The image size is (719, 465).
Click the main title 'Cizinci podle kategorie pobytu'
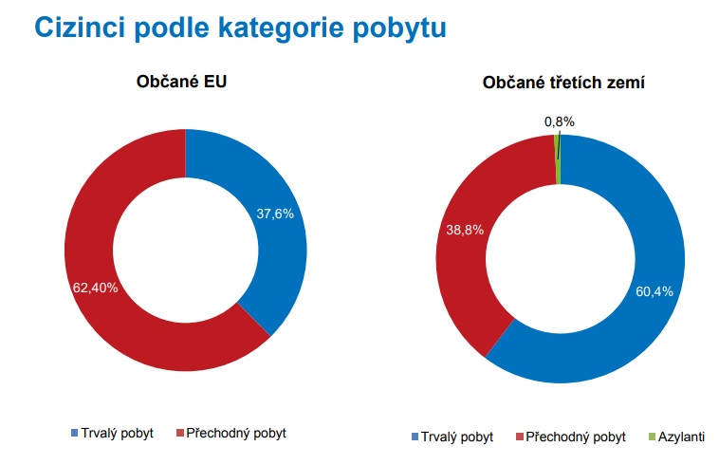(x=240, y=28)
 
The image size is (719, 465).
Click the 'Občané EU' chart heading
(x=181, y=82)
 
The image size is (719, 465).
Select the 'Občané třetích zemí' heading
(x=563, y=83)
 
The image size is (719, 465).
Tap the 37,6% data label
(x=275, y=214)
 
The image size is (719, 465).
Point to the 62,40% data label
(x=96, y=288)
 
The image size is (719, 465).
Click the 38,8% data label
(x=465, y=230)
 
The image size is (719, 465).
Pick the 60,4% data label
(x=654, y=291)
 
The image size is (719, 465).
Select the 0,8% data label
(x=560, y=121)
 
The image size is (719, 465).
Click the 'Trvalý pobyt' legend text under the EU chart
(x=117, y=433)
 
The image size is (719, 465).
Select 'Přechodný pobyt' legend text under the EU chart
(x=236, y=433)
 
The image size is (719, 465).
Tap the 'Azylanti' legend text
(x=681, y=437)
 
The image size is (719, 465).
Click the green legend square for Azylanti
(x=652, y=437)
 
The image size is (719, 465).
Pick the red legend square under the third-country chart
(x=520, y=437)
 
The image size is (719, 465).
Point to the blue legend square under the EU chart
(x=75, y=433)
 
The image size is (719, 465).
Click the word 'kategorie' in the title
(x=281, y=28)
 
